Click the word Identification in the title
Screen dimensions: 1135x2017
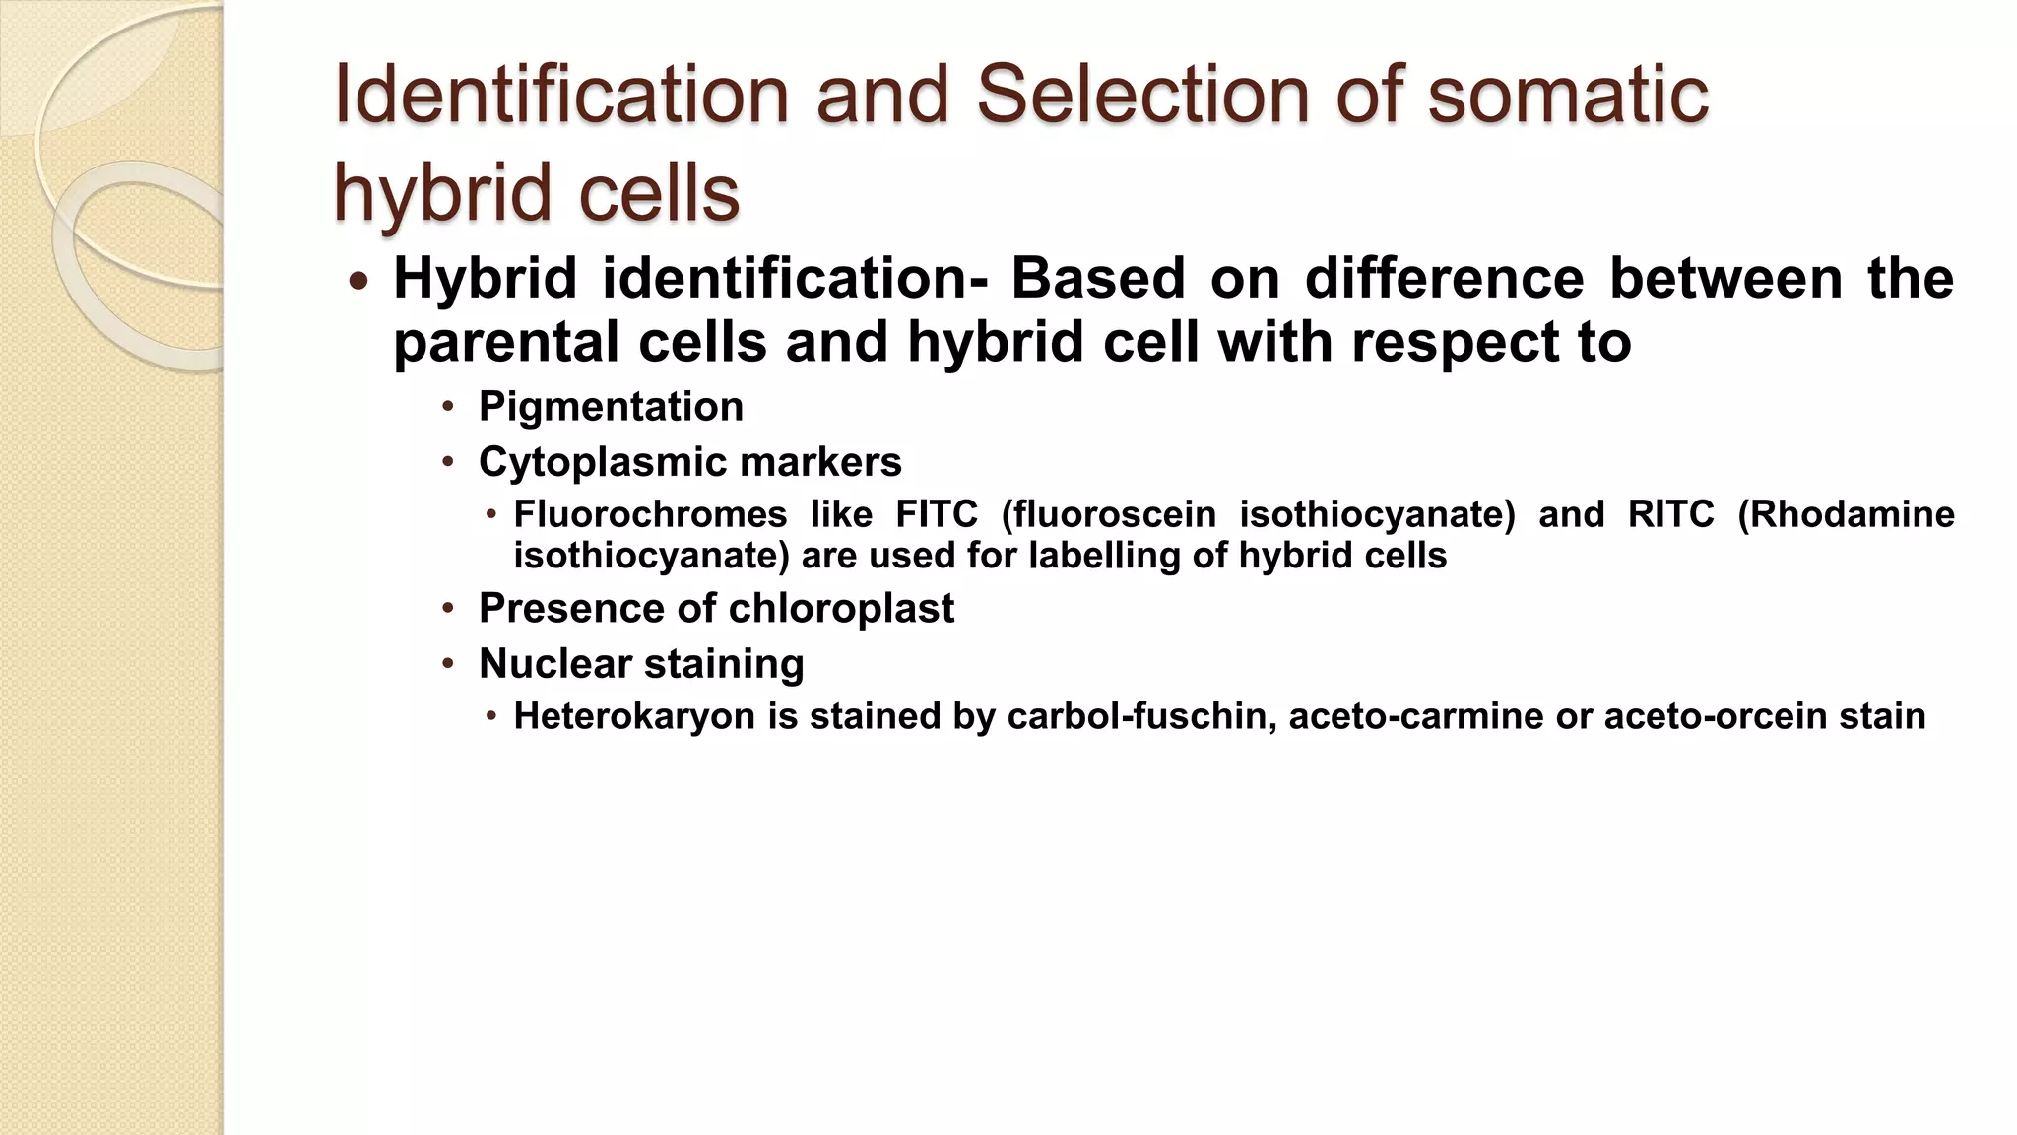tap(561, 96)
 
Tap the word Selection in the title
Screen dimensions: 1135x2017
tap(1143, 96)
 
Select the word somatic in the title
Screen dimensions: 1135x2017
tap(1567, 96)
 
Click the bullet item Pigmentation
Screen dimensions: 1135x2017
tap(611, 407)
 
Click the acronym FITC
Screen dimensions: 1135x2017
tap(936, 514)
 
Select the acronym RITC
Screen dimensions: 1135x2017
tap(1670, 514)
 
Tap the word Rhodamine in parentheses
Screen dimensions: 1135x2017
tap(1846, 514)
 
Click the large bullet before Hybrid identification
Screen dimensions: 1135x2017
tap(358, 282)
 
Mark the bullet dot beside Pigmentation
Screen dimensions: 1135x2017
tap(448, 407)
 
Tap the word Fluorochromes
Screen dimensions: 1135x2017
tap(650, 514)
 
